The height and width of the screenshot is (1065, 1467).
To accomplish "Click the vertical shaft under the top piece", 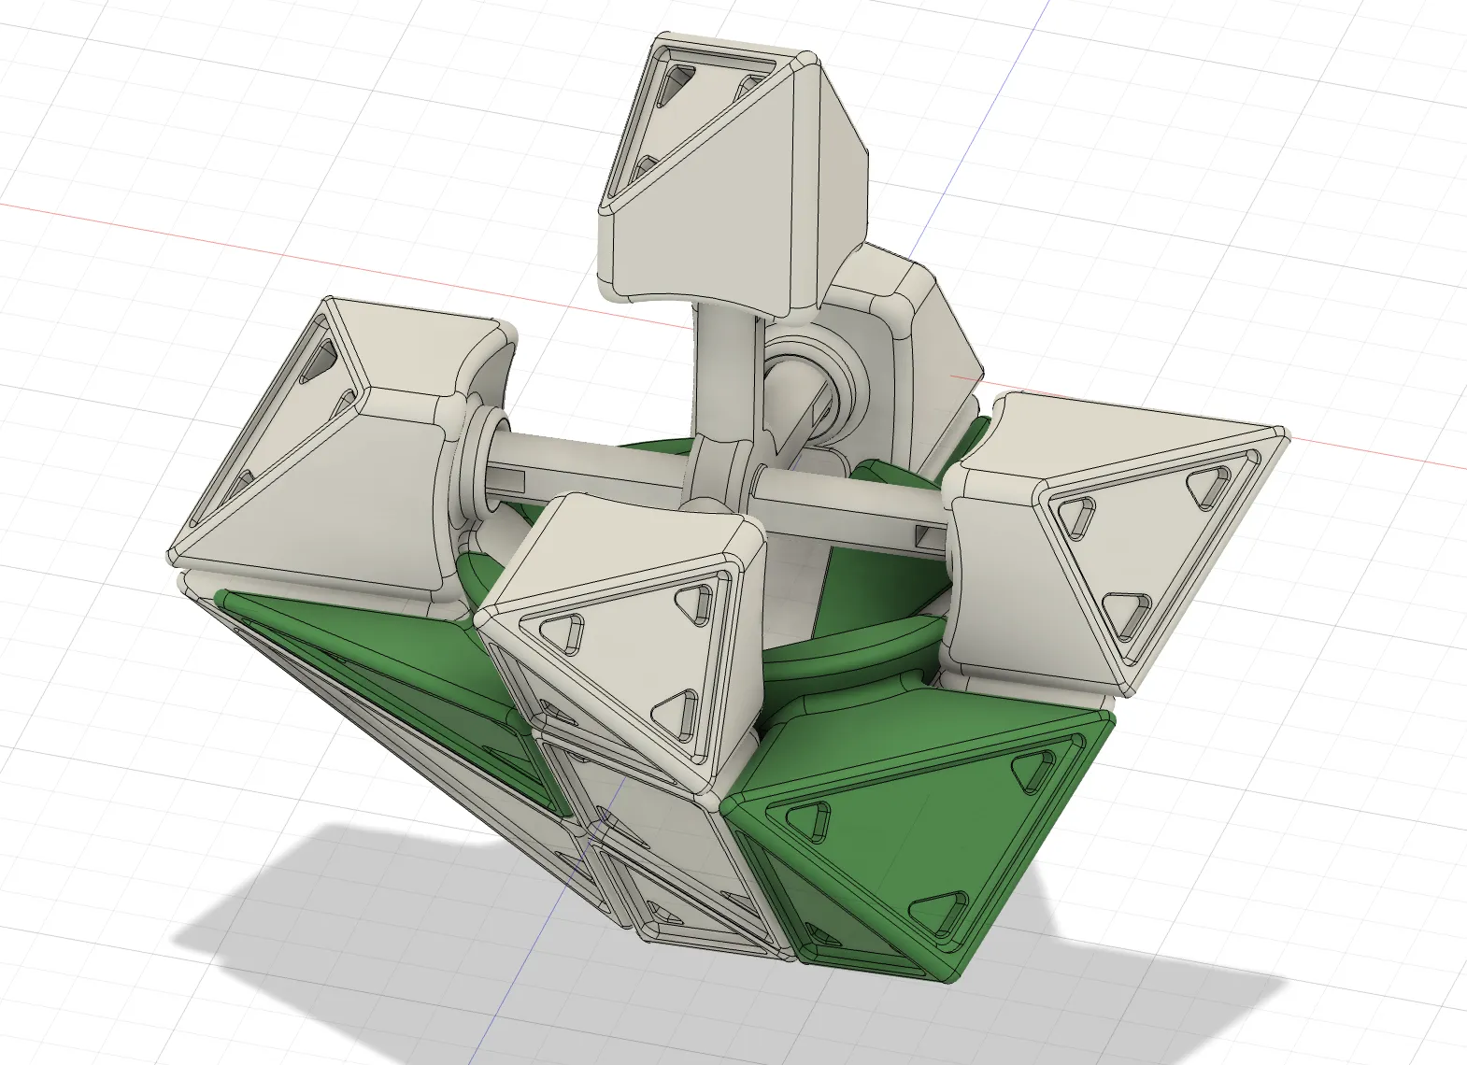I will click(718, 374).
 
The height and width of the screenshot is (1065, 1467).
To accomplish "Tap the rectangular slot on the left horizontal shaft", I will click(515, 482).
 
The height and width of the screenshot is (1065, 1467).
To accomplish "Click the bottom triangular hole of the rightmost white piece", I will click(1127, 612).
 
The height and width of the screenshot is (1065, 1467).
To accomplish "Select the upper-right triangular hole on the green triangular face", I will click(1035, 770).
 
